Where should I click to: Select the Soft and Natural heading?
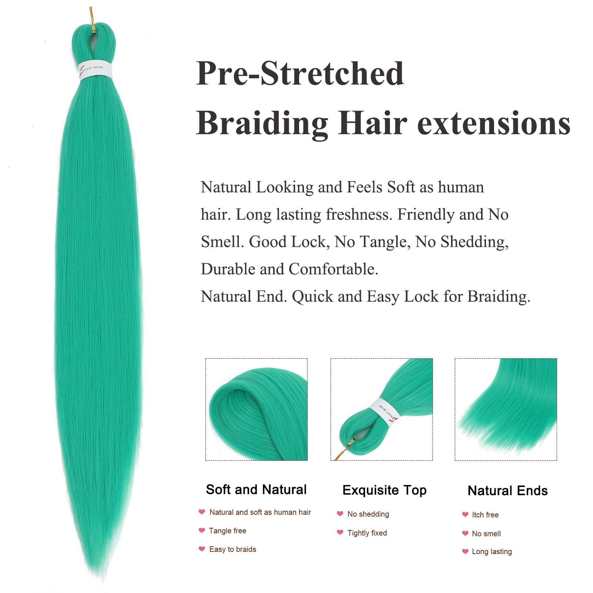pyautogui.click(x=256, y=490)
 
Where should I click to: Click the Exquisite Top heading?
pyautogui.click(x=384, y=490)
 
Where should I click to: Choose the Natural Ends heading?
pyautogui.click(x=507, y=491)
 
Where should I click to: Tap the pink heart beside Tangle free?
pyautogui.click(x=202, y=530)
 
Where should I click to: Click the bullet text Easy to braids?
pyautogui.click(x=232, y=549)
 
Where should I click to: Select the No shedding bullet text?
pyautogui.click(x=368, y=514)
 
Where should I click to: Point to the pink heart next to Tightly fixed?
pyautogui.click(x=340, y=532)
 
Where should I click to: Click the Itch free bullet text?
pyautogui.click(x=485, y=515)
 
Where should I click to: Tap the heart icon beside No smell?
pyautogui.click(x=465, y=533)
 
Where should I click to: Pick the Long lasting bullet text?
pyautogui.click(x=492, y=551)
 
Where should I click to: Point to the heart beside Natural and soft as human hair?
pyautogui.click(x=202, y=512)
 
